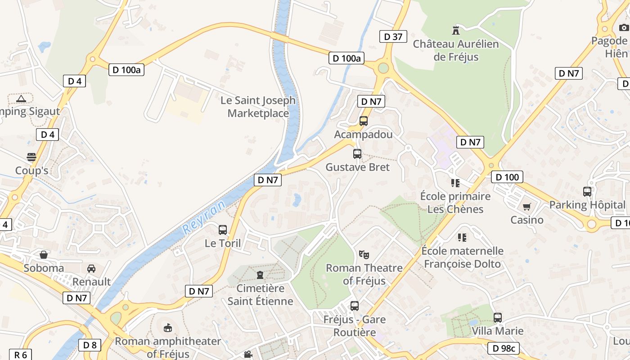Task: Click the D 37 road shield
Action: [x=393, y=36]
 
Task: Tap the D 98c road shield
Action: [x=504, y=348]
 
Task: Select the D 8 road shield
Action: [x=90, y=345]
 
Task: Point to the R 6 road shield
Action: [x=20, y=355]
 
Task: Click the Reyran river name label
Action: [x=204, y=218]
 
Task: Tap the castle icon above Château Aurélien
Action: [x=456, y=30]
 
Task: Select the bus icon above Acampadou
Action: [x=363, y=121]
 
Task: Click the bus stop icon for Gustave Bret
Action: [x=357, y=154]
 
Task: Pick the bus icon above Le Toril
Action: [x=223, y=230]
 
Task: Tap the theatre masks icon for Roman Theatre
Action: [x=364, y=254]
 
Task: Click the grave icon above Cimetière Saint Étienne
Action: [x=260, y=274]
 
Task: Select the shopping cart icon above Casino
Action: [x=526, y=207]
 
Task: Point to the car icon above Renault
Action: [x=91, y=268]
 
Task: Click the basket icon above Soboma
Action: [x=44, y=255]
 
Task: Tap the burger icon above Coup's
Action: [x=31, y=157]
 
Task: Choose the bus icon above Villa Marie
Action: [x=497, y=318]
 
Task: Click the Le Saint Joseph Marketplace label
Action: [x=258, y=107]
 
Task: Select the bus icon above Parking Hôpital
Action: [x=587, y=192]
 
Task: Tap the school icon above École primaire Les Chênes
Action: [x=455, y=183]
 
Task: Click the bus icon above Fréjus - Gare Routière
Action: [x=355, y=306]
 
